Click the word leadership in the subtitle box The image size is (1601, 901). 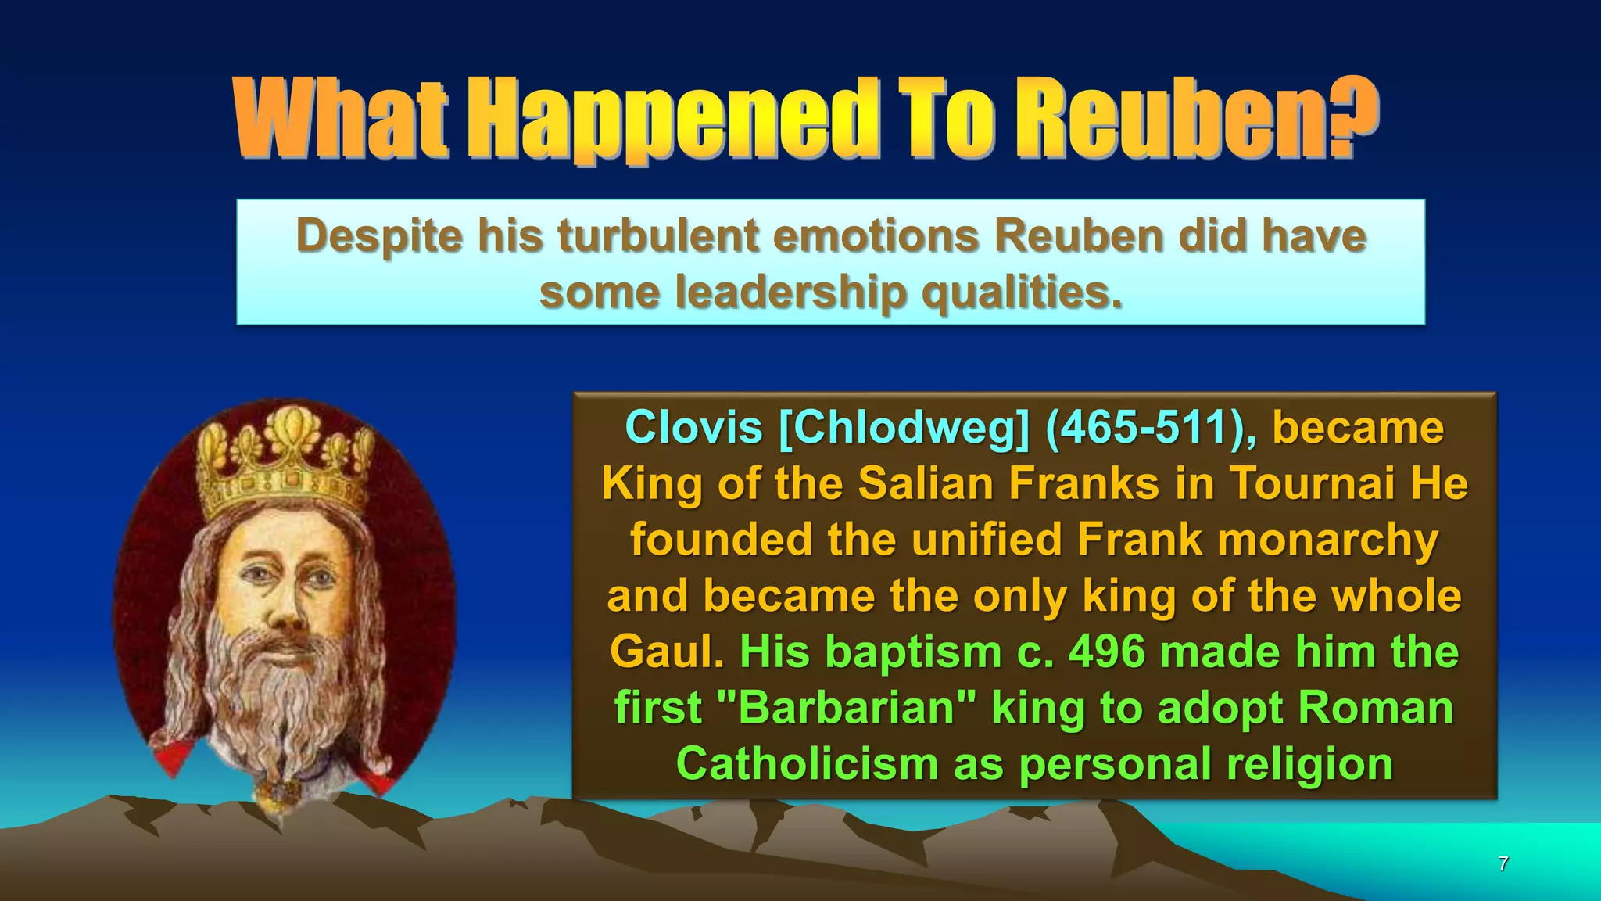[790, 293]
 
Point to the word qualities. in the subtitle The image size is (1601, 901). [1023, 293]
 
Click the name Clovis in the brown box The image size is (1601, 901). [693, 428]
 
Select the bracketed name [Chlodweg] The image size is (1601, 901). [904, 428]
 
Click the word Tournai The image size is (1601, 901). [1313, 483]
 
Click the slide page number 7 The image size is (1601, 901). [1503, 864]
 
